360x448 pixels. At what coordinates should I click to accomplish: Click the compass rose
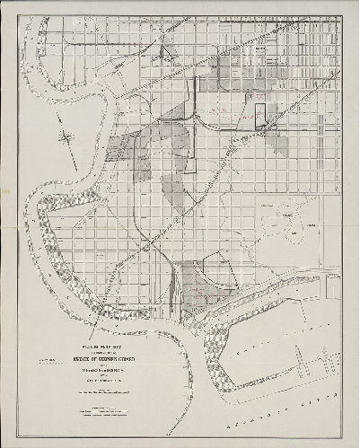[68, 137]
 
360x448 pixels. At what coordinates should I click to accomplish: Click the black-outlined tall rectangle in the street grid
[261, 116]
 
